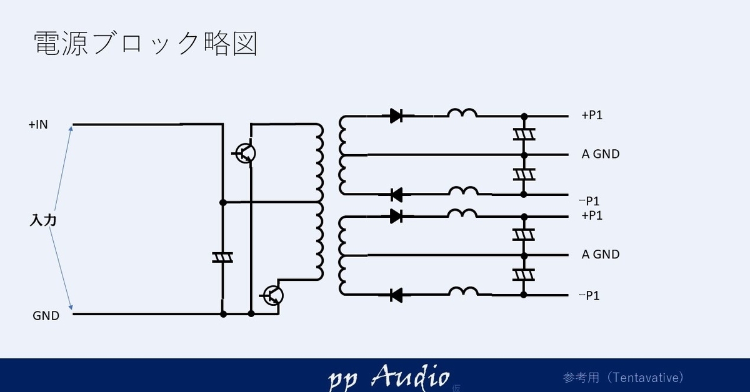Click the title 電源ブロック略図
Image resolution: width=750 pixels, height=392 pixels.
tap(145, 44)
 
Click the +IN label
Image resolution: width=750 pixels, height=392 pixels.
tap(38, 125)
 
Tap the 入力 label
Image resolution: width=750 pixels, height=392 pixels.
tap(44, 220)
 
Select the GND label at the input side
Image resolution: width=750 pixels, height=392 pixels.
tap(46, 316)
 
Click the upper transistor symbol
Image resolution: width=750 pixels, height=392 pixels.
tap(245, 153)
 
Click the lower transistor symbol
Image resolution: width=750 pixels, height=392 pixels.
tap(272, 295)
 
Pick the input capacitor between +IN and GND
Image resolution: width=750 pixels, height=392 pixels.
tap(222, 257)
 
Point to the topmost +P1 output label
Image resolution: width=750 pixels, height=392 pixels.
tap(592, 115)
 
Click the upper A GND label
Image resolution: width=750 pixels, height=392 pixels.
tap(600, 154)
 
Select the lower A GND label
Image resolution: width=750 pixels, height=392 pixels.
tap(600, 254)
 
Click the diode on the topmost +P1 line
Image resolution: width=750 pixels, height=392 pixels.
tap(396, 115)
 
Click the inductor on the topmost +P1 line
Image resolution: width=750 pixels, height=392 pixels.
tap(462, 113)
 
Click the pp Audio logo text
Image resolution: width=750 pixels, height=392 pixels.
tap(388, 377)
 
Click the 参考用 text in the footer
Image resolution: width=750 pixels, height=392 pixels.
tap(581, 378)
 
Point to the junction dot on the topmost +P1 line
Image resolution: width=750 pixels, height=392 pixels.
tap(524, 116)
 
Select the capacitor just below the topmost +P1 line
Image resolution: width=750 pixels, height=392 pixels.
tap(524, 135)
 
